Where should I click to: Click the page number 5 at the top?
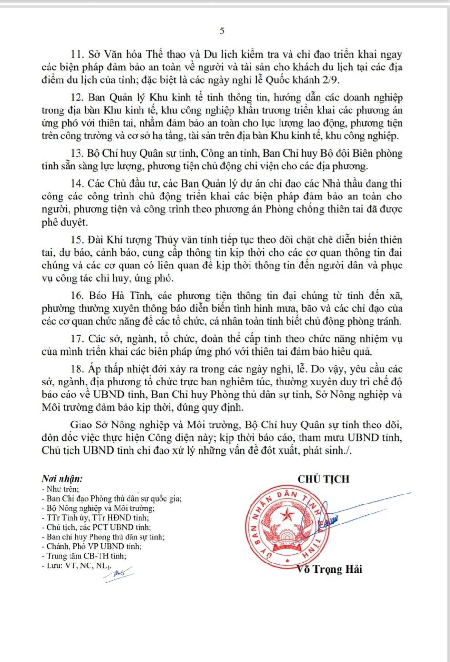tap(222, 31)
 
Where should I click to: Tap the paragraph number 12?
tap(78, 98)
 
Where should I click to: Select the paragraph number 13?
tap(78, 154)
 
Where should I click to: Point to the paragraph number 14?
tap(78, 184)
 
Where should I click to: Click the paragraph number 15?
tap(78, 240)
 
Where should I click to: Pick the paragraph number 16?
tap(78, 296)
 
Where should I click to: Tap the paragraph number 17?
tap(78, 339)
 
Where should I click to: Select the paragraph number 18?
tap(78, 369)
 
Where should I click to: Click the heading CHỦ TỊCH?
tap(323, 479)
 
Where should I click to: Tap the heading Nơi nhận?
tap(62, 479)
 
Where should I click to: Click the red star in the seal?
tap(288, 514)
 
